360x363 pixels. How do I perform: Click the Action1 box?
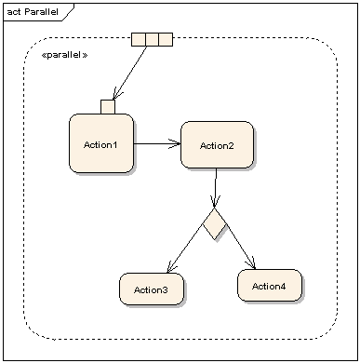tap(100, 144)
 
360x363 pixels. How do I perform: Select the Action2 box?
tap(216, 144)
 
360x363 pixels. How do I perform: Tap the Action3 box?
tap(151, 289)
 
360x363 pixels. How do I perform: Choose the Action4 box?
tap(269, 285)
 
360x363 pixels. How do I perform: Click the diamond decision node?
tap(215, 224)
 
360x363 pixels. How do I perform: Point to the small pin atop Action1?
tap(108, 106)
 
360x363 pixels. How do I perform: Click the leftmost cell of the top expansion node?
tap(139, 38)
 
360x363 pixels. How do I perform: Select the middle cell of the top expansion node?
tap(152, 38)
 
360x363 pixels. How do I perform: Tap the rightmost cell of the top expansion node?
tap(166, 38)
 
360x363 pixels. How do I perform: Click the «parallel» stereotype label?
tap(64, 56)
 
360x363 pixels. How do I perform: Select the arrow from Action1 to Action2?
tap(156, 144)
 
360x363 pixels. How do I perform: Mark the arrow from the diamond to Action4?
tap(240, 246)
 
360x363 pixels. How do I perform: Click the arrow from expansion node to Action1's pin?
tap(130, 72)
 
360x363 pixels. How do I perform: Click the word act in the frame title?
tap(14, 9)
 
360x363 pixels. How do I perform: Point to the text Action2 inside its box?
tap(216, 145)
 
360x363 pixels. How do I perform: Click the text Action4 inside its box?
tap(269, 286)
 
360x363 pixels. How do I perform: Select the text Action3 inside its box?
tap(151, 290)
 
